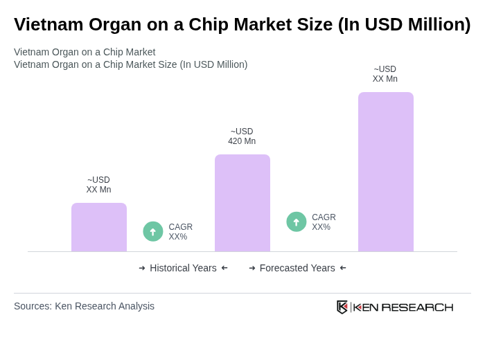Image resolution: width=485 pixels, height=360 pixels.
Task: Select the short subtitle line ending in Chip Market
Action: [85, 52]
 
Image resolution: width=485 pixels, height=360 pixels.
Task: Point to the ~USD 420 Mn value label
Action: [242, 136]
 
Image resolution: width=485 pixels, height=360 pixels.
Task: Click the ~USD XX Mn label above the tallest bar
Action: [385, 74]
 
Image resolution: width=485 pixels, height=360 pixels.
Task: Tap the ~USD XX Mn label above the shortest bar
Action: [98, 185]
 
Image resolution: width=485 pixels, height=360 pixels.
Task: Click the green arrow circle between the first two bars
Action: [153, 231]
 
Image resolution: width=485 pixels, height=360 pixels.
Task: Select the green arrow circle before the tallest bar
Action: [297, 222]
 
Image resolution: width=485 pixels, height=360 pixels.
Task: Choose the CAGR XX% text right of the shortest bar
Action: [180, 232]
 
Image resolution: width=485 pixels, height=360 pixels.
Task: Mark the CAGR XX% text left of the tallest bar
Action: [324, 222]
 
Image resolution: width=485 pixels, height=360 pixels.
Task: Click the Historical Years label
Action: [183, 268]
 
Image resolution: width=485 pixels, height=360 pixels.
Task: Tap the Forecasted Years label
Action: [297, 268]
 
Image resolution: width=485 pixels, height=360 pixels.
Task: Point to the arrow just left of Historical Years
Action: [142, 268]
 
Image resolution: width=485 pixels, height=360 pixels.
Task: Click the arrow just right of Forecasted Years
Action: [343, 268]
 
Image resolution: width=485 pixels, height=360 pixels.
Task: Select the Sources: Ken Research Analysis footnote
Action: [84, 306]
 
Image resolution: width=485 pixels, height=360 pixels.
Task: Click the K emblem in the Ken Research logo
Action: [342, 307]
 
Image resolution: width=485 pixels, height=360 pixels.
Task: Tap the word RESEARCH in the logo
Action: [417, 307]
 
